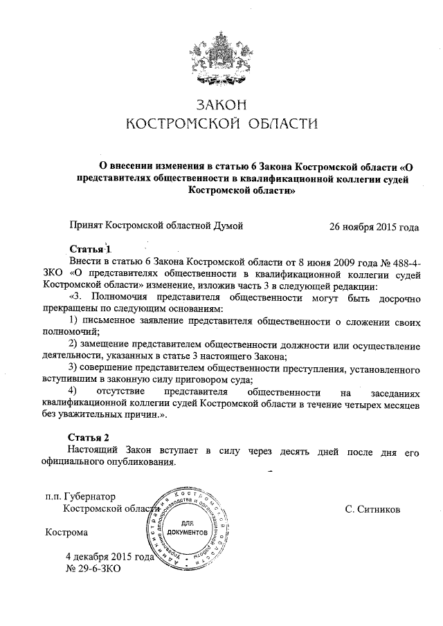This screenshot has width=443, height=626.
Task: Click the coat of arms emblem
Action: pyautogui.click(x=221, y=55)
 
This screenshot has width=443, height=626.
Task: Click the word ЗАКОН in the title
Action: pyautogui.click(x=221, y=105)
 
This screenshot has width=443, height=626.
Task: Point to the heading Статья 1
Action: pyautogui.click(x=90, y=248)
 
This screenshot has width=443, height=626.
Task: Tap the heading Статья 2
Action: pyautogui.click(x=90, y=438)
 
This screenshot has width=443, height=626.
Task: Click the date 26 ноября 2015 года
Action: pyautogui.click(x=374, y=226)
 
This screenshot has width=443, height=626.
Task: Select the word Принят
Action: pyautogui.click(x=86, y=226)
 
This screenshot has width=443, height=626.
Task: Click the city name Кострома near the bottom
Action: pyautogui.click(x=66, y=533)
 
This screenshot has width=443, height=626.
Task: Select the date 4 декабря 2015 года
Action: pyautogui.click(x=109, y=557)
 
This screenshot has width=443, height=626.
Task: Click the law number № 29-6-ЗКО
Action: pyautogui.click(x=93, y=569)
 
